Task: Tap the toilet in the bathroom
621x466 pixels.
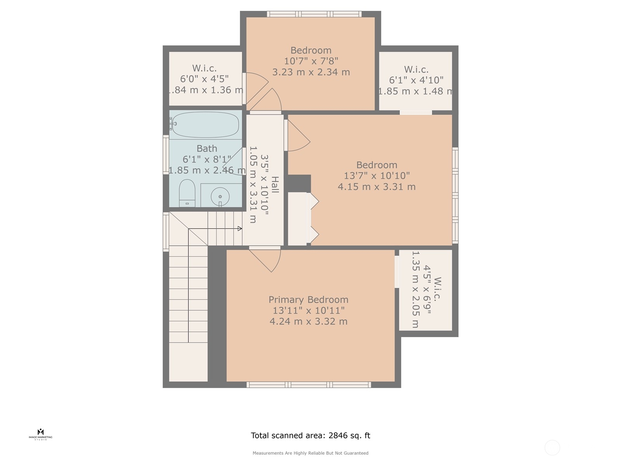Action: coord(187,193)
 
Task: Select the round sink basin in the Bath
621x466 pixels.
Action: coord(220,196)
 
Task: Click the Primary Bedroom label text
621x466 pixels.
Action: coord(308,300)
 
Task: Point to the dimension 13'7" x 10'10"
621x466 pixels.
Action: coord(376,176)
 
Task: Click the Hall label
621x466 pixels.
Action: coord(275,185)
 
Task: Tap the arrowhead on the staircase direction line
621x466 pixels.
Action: coord(240,229)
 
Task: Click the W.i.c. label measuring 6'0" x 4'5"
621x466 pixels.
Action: coord(204,68)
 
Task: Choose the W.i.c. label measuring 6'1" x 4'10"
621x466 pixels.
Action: coord(416,70)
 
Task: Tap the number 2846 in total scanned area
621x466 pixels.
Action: coord(338,435)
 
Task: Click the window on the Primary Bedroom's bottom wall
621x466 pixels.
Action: coord(309,385)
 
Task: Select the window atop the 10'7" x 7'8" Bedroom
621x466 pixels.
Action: coord(314,14)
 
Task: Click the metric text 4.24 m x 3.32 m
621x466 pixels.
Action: coord(308,322)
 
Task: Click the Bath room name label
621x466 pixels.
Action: coord(206,149)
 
